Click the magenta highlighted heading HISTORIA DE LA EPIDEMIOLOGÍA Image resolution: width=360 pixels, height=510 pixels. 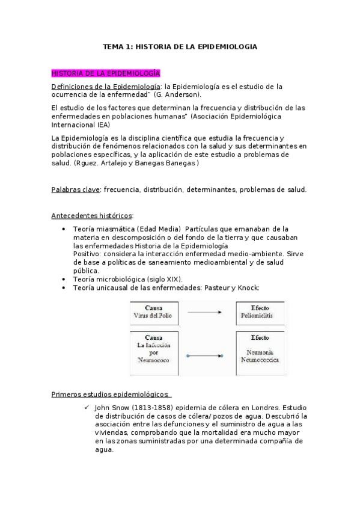pyautogui.click(x=106, y=73)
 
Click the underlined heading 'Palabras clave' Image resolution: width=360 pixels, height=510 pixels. pyautogui.click(x=76, y=189)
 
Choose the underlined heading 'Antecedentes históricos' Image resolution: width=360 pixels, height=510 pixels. pyautogui.click(x=93, y=215)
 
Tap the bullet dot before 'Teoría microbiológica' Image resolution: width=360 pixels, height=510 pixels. pyautogui.click(x=64, y=280)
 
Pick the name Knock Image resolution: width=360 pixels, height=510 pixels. pyautogui.click(x=247, y=287)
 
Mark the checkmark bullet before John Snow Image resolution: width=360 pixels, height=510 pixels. pyautogui.click(x=88, y=407)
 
